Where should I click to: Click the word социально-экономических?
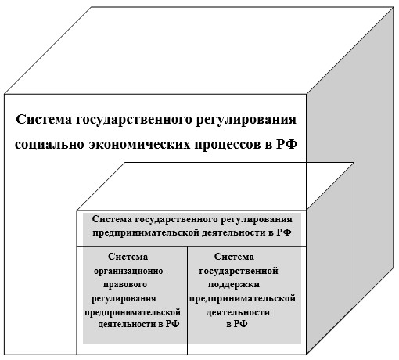(x=102, y=144)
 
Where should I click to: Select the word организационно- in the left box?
(x=130, y=272)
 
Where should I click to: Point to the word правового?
(x=125, y=284)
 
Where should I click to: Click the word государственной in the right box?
(x=239, y=272)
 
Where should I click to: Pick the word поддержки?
(x=234, y=284)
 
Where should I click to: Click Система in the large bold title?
(x=44, y=120)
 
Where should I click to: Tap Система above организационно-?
(x=128, y=257)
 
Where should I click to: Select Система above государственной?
(x=234, y=257)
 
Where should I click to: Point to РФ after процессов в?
(x=286, y=144)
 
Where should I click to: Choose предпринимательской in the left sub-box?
(x=132, y=313)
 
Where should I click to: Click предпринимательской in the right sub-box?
(x=243, y=299)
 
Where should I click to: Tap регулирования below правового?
(x=124, y=299)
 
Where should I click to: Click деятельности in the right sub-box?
(x=238, y=312)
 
